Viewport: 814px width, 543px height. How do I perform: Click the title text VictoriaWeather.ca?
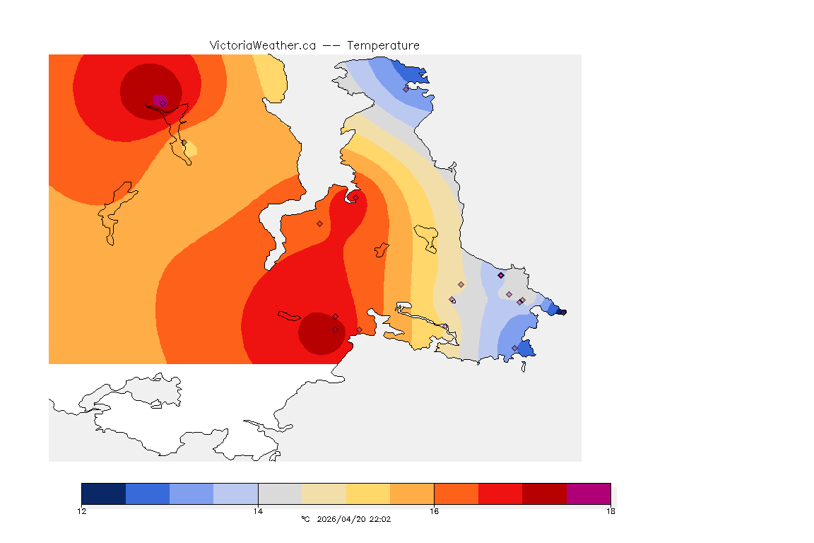tap(262, 45)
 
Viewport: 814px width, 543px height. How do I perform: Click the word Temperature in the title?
tap(384, 45)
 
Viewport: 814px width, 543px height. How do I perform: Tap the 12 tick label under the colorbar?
tap(82, 510)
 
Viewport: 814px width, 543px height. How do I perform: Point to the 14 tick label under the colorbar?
tap(258, 510)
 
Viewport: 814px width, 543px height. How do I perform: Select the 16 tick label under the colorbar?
tap(434, 510)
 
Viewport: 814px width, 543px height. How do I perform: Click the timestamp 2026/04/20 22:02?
tap(354, 519)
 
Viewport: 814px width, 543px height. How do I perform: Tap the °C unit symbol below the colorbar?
tap(305, 519)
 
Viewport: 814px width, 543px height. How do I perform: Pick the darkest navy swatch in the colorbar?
tap(104, 494)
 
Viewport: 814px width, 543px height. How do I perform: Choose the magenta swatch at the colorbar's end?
tap(589, 494)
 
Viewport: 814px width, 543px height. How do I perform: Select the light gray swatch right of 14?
tap(280, 494)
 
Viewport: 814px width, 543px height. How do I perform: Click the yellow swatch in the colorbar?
tap(368, 494)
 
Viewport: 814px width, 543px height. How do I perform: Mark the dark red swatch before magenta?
tap(544, 494)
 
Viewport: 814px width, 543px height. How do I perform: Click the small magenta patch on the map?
tap(158, 98)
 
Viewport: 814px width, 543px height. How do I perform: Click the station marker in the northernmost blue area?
tap(406, 89)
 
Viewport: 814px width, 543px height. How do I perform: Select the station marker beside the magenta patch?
tap(163, 103)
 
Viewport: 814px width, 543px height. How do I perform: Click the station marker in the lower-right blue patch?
tap(515, 348)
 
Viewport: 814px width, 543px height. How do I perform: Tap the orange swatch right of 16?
tap(456, 494)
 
